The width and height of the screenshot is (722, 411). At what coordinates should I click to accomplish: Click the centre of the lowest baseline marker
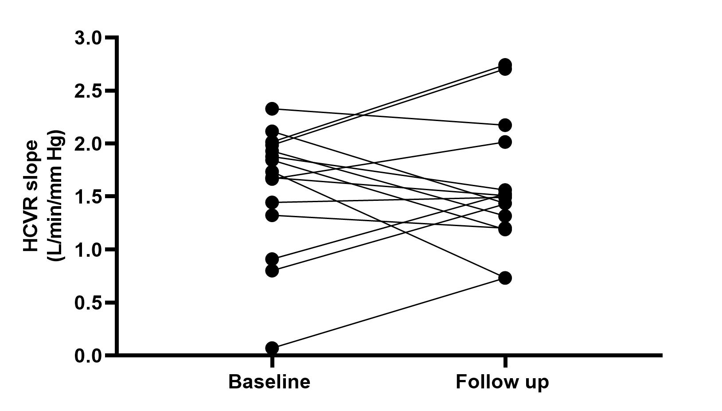tap(272, 348)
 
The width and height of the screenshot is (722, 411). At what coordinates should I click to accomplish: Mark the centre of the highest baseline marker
tap(272, 109)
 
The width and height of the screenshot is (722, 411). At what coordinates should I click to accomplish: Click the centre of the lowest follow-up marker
tap(505, 278)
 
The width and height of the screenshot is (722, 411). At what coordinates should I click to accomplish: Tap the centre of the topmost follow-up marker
tap(505, 64)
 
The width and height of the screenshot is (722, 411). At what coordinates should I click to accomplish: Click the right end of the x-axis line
tap(662, 355)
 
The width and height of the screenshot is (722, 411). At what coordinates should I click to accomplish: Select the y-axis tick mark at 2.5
tap(110, 90)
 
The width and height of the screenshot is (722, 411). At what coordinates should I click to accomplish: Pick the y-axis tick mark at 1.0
tap(110, 250)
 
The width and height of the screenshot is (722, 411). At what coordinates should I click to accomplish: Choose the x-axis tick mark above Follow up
tap(505, 362)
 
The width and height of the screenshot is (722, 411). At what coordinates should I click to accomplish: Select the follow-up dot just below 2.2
tap(505, 125)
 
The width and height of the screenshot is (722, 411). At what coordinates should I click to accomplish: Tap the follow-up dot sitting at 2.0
tap(505, 142)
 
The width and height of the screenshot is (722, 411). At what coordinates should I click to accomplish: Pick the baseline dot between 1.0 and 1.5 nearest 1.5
tap(272, 203)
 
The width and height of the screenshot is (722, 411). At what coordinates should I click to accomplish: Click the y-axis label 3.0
tap(88, 38)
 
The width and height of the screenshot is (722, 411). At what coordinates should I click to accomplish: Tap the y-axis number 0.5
tap(88, 303)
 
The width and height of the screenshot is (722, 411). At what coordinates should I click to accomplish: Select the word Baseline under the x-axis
tap(269, 382)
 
